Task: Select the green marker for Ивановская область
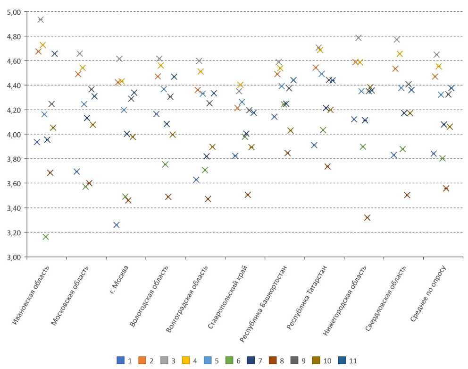pos(46,237)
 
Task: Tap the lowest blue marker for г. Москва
pos(117,225)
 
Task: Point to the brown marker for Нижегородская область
pos(368,218)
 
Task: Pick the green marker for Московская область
pos(85,187)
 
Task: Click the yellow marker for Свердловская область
pos(400,54)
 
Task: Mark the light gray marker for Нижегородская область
pos(358,38)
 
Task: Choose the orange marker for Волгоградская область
pos(198,90)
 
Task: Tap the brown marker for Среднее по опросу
pos(446,189)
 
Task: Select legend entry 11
pos(348,361)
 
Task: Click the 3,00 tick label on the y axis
pos(14,257)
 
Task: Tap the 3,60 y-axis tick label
pos(14,183)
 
